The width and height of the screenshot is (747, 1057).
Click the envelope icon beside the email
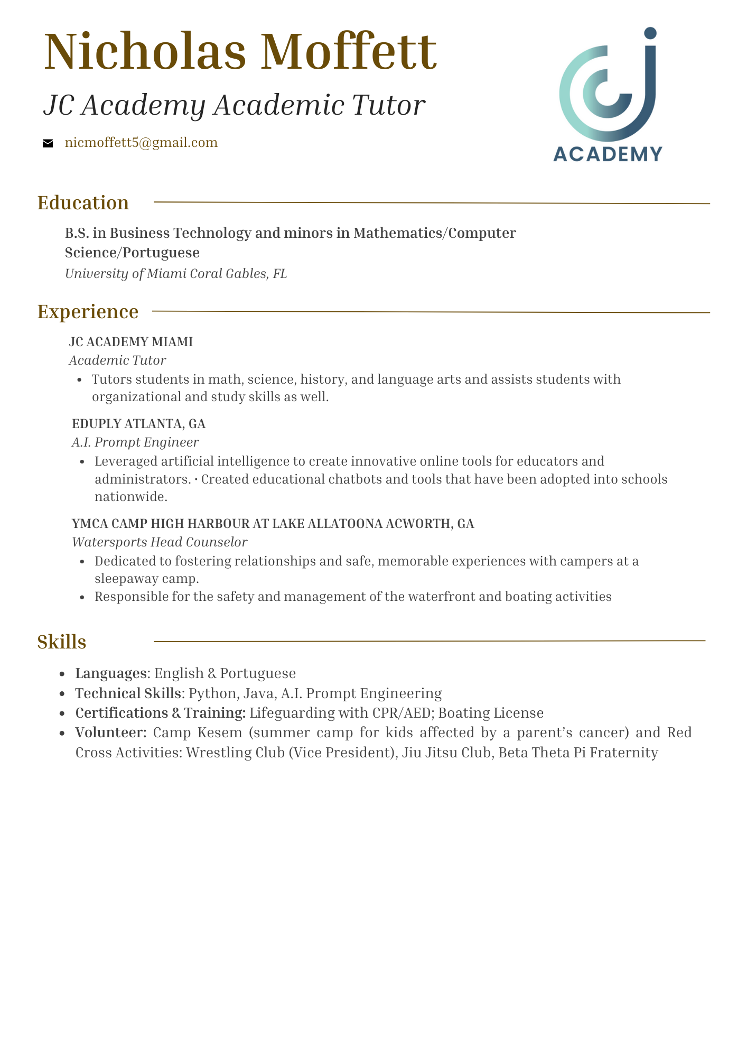(x=48, y=143)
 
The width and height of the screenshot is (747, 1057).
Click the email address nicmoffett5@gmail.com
(x=141, y=143)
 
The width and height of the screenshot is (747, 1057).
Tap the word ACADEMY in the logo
(x=608, y=154)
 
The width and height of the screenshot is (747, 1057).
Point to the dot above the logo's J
(x=650, y=33)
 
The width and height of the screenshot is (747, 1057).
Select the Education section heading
(x=83, y=203)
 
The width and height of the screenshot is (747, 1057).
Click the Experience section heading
(x=88, y=312)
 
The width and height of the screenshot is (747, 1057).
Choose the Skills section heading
(x=62, y=642)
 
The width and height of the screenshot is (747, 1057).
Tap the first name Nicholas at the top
(x=145, y=52)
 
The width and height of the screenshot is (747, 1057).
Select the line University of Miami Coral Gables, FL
(x=176, y=274)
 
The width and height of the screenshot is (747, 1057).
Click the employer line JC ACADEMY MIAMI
(x=131, y=342)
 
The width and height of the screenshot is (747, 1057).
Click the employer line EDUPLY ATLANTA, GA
(x=139, y=424)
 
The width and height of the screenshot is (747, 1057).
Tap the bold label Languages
(x=111, y=673)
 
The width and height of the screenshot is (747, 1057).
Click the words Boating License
(x=491, y=713)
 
